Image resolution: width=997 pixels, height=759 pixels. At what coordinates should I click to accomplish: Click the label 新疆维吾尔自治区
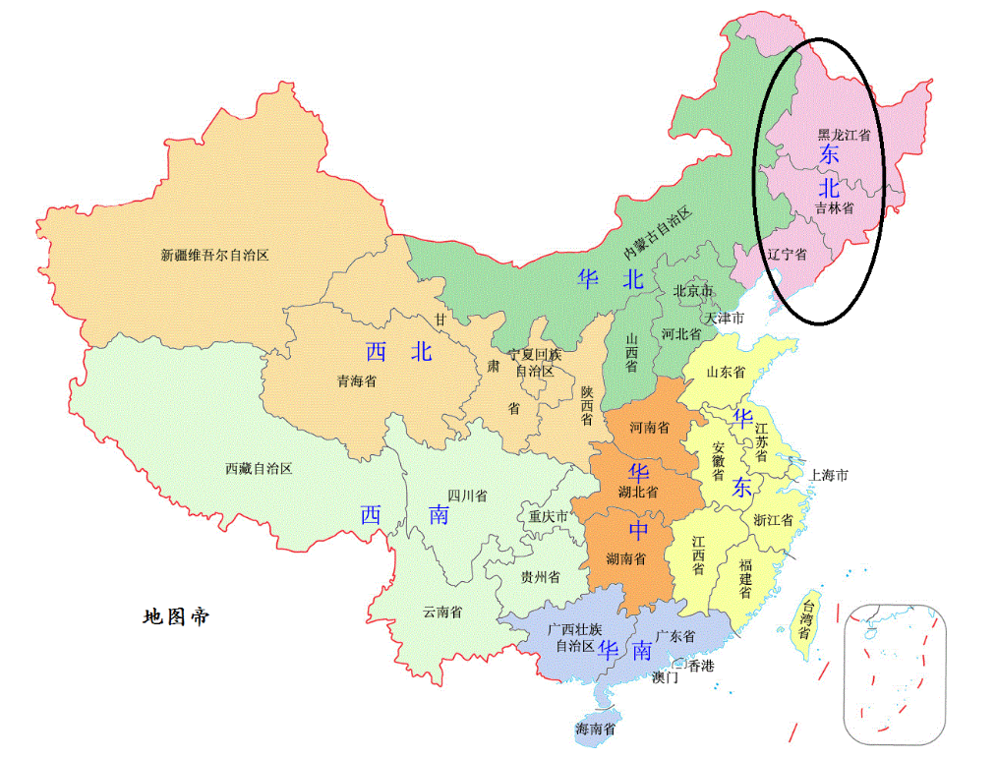coord(214,255)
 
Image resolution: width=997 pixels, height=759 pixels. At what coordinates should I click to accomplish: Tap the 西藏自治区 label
coord(259,469)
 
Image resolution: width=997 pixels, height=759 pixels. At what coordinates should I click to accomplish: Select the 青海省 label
coord(356,381)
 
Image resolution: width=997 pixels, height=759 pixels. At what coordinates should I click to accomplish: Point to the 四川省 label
coord(467,496)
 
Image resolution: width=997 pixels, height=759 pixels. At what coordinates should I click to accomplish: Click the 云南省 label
coord(442,612)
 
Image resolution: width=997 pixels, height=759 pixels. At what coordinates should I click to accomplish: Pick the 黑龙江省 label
coord(844,135)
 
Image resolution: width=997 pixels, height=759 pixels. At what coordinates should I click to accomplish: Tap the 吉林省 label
coord(834,208)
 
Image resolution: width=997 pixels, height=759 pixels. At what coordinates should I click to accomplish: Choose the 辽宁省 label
coord(787,255)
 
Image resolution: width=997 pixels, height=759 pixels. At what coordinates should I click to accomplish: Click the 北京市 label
coord(692,291)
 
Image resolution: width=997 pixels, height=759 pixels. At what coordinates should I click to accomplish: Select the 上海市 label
coord(828,475)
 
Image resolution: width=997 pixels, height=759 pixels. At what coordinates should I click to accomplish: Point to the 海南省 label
coord(596,730)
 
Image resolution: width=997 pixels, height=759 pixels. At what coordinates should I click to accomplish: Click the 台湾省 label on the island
coord(805,618)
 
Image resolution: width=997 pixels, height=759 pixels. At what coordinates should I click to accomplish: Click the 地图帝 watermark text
coord(175,617)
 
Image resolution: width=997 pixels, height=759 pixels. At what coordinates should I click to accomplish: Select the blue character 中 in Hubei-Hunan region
coord(639,531)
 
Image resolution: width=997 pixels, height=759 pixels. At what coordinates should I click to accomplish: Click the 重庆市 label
coord(549,516)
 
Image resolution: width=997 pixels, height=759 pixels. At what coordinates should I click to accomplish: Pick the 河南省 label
coord(650,428)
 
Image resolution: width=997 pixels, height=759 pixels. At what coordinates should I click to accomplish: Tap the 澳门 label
coord(665,677)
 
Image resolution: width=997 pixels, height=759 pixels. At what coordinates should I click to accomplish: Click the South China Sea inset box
coord(895,672)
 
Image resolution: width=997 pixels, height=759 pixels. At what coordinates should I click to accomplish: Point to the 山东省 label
coord(726,373)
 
